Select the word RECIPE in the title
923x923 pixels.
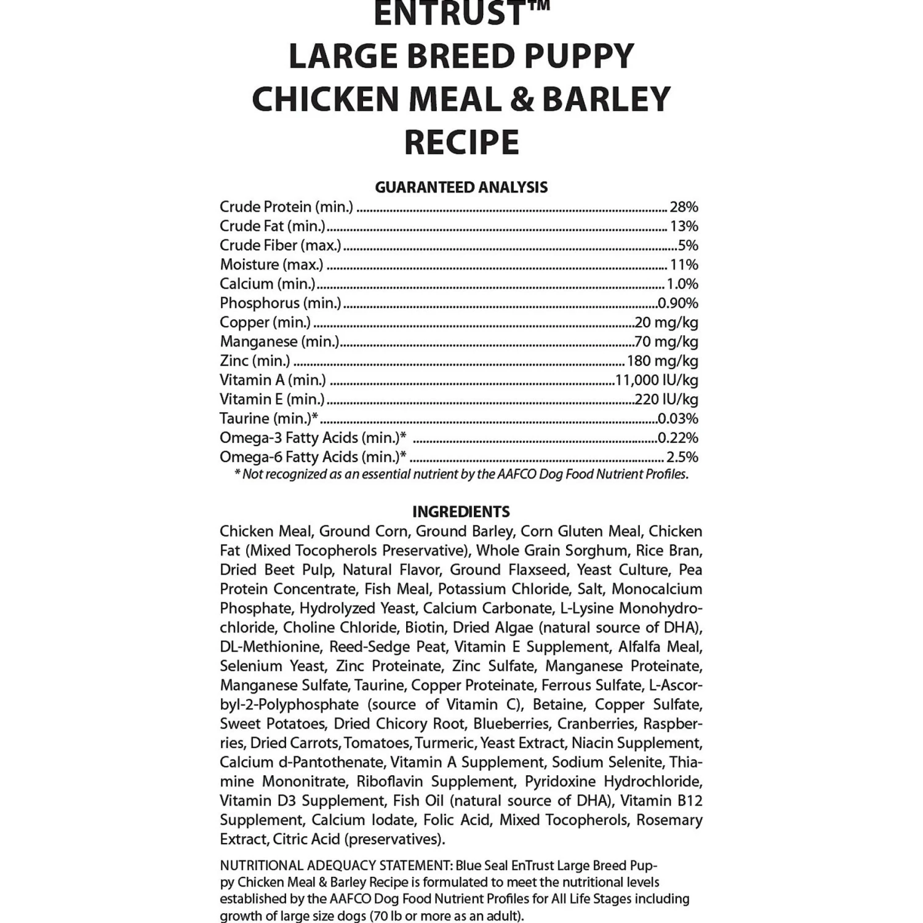tap(461, 142)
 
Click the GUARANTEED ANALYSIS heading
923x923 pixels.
tap(461, 187)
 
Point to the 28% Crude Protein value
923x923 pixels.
tap(684, 207)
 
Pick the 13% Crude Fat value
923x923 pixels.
tap(684, 226)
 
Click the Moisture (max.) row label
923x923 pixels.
tap(271, 265)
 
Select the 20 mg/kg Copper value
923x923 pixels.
tap(666, 322)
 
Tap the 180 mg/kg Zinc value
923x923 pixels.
tap(662, 361)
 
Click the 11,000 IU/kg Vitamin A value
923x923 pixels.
tap(657, 380)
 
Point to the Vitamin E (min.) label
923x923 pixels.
tap(272, 399)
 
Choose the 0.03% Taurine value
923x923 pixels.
tap(677, 418)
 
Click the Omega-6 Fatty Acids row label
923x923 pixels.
tap(313, 457)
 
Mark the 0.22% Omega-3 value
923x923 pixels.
tap(677, 438)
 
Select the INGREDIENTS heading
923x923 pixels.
tap(461, 512)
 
